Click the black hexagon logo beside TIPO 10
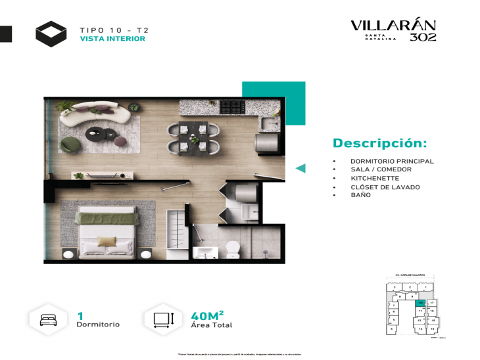(x=51, y=34)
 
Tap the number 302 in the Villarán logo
(x=423, y=37)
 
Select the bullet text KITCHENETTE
(x=374, y=178)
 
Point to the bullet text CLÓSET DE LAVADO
(x=385, y=187)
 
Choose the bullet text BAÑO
(x=360, y=195)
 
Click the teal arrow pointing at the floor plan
(x=300, y=168)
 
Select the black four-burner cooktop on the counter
(x=232, y=106)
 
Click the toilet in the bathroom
(x=232, y=248)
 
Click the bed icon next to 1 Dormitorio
(x=48, y=320)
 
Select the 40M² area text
(x=207, y=315)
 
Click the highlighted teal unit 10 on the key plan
(x=420, y=304)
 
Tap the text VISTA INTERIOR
(x=112, y=39)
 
